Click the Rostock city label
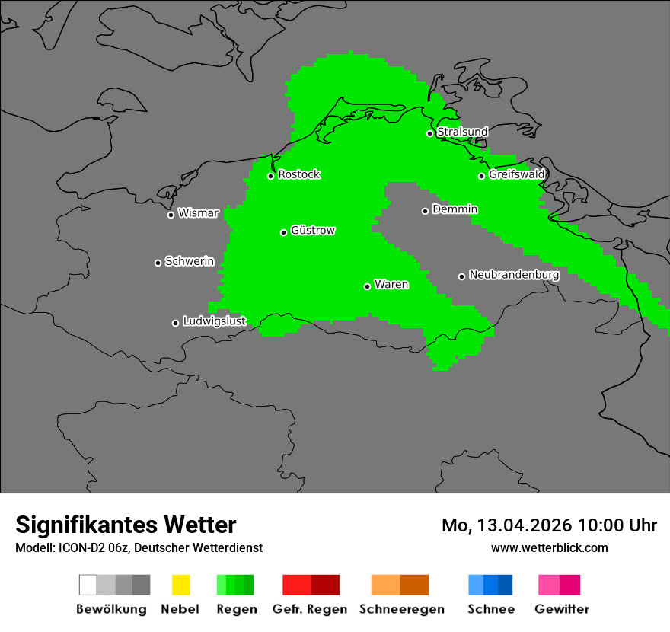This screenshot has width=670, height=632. coord(298,174)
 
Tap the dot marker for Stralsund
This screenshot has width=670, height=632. coord(429,133)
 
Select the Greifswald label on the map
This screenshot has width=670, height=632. coord(516,174)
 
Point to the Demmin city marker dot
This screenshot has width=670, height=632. coord(425,211)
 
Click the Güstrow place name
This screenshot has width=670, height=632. coord(312,231)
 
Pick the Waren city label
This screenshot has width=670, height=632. coord(391,285)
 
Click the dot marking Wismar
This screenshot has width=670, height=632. coord(171,215)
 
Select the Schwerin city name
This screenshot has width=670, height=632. coord(190,261)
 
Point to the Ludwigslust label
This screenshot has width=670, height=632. coord(214,321)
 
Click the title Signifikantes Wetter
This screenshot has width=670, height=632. coord(126,525)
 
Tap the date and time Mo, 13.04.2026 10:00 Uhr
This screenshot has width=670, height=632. coord(549,525)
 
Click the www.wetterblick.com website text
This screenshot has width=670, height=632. coord(549,547)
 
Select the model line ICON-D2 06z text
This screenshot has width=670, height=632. coord(139,547)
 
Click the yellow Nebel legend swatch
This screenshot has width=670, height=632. coord(180,585)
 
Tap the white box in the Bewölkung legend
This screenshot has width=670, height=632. coord(88,585)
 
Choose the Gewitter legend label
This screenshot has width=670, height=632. coord(561,609)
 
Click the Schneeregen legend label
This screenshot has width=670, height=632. coord(401,609)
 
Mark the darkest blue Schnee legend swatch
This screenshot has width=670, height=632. coord(506,585)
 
